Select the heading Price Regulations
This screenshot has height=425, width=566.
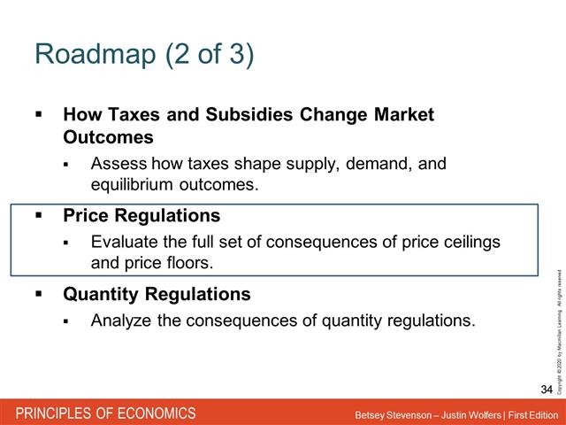pyautogui.click(x=141, y=216)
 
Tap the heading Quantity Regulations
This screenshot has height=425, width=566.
pyautogui.click(x=157, y=294)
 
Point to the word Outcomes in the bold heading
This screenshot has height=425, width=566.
pyautogui.click(x=108, y=138)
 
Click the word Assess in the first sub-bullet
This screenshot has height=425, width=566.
pyautogui.click(x=119, y=164)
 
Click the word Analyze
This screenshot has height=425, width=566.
pyautogui.click(x=122, y=320)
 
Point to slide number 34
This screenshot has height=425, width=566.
pyautogui.click(x=546, y=390)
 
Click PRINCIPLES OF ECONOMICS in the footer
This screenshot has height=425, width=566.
pyautogui.click(x=103, y=413)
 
